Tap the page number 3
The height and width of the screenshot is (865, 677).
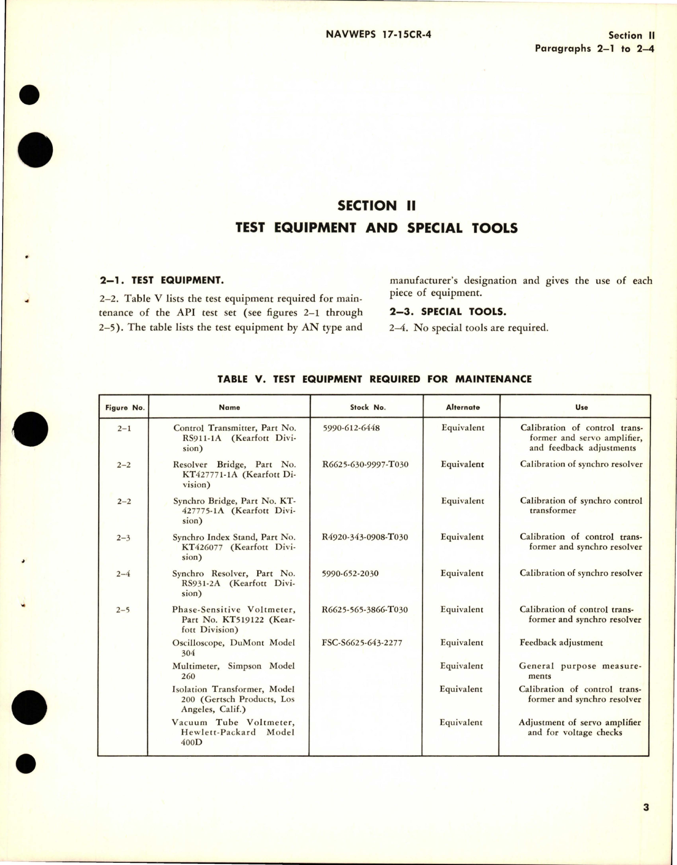646,807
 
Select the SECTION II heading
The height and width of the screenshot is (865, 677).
376,205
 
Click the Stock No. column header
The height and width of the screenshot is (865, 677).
368,407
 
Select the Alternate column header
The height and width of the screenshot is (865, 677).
463,407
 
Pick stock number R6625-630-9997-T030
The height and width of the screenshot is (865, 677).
365,464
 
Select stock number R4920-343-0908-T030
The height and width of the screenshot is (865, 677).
364,537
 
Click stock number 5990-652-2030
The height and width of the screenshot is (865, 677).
350,573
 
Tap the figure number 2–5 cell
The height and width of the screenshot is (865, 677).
124,610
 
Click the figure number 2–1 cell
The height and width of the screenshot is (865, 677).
124,428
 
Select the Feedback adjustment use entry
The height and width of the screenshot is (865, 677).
561,643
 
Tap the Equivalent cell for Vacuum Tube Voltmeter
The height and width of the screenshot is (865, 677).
461,722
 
